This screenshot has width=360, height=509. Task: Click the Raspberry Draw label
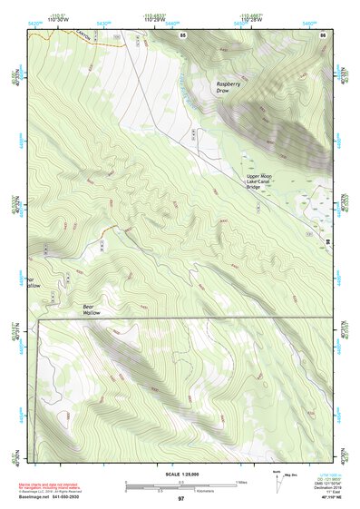tap(229, 88)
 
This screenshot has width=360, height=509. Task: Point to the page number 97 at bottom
tap(181, 499)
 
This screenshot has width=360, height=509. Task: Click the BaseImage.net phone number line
tap(69, 496)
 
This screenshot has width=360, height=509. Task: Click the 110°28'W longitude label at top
tap(251, 19)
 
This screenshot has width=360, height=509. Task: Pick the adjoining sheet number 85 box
tap(183, 34)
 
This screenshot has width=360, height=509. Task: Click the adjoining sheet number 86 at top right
tap(322, 34)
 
